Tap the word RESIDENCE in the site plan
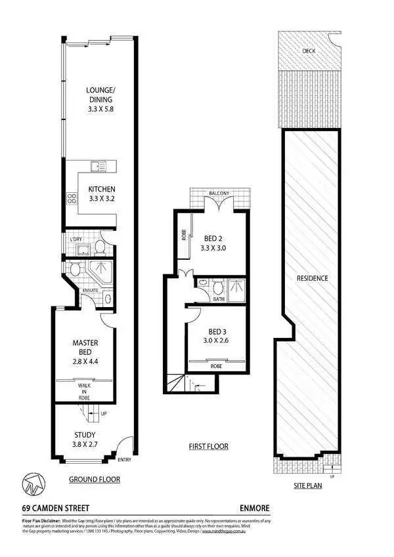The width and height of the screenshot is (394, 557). click(x=312, y=278)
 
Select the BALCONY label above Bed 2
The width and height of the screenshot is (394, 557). click(x=219, y=194)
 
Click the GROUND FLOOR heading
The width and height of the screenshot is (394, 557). click(x=95, y=480)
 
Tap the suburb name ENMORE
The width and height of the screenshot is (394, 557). click(x=255, y=508)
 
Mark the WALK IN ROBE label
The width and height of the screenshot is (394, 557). click(x=83, y=392)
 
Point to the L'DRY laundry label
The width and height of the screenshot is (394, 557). click(x=75, y=239)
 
